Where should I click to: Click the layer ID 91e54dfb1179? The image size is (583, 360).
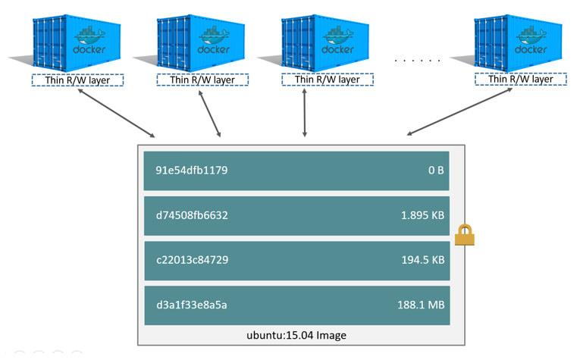(192, 171)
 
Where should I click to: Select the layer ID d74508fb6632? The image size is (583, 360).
(192, 215)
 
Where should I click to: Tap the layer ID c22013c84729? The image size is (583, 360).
(192, 260)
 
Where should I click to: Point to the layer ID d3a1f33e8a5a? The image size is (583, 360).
(192, 305)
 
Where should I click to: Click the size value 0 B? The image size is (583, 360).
(435, 171)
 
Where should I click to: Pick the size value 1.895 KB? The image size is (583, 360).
(422, 215)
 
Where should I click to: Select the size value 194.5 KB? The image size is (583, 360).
(422, 260)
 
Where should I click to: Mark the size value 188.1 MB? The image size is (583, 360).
(422, 305)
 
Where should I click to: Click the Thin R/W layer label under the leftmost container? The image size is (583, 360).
(77, 79)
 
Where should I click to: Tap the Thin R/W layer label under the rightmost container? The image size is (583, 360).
(520, 79)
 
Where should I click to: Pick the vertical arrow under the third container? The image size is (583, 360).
(305, 113)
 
